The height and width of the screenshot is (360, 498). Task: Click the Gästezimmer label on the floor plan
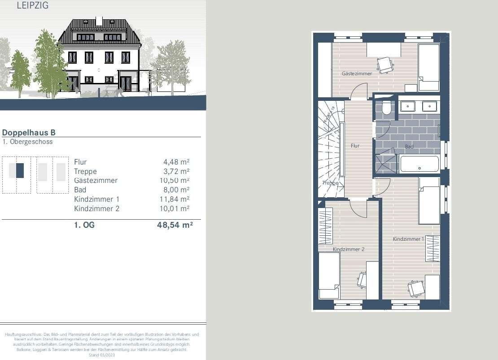[x=357, y=74]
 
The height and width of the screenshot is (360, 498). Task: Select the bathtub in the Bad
[x=419, y=164]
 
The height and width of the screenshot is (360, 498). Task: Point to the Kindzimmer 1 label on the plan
[x=408, y=239]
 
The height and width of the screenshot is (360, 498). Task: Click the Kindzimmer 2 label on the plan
[x=348, y=249]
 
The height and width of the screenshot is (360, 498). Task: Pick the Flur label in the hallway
[x=355, y=146]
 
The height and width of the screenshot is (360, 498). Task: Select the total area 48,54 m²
[x=175, y=225]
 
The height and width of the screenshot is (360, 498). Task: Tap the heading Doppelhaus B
[x=29, y=133]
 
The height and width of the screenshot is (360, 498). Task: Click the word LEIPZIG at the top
[x=32, y=6]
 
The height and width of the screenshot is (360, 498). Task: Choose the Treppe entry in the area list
[x=85, y=171]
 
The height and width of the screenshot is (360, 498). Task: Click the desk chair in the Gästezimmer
[x=384, y=65]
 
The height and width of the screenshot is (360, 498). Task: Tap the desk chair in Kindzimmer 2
[x=362, y=280]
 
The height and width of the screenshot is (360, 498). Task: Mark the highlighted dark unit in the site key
[x=20, y=171]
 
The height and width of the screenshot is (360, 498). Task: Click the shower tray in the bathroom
[x=386, y=164]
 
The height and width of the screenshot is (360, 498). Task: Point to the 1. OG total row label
[x=84, y=225]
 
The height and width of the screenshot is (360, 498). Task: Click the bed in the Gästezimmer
[x=428, y=68]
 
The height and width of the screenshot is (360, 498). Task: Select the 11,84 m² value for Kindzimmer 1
[x=176, y=199]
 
